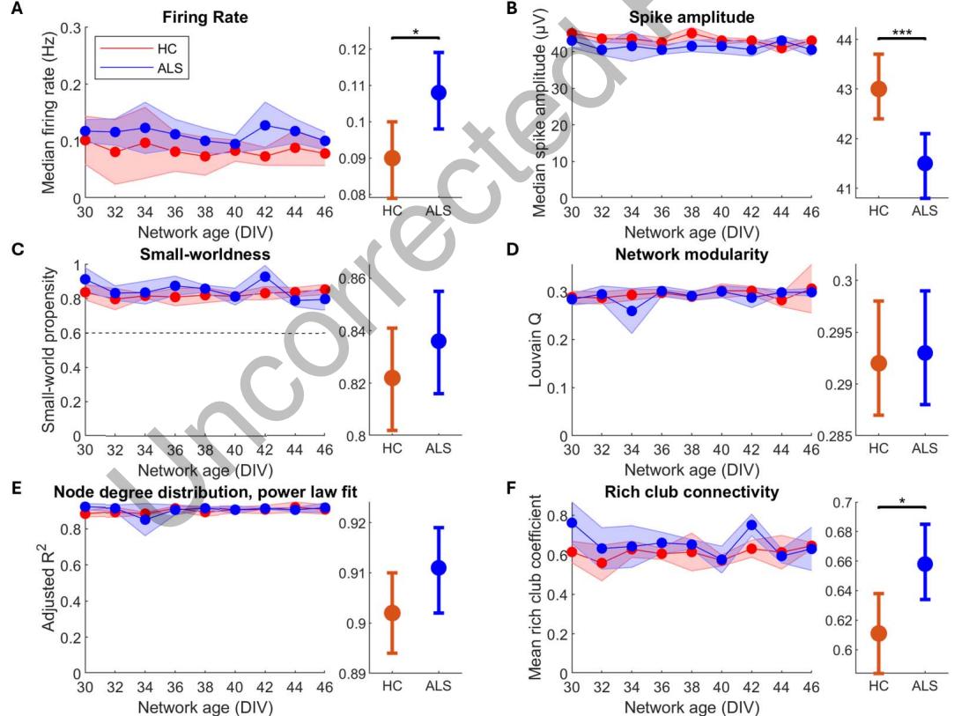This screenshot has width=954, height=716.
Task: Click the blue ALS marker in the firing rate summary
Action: (439, 92)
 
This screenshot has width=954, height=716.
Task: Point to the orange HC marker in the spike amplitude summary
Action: (878, 89)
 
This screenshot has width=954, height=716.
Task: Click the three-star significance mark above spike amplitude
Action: (902, 32)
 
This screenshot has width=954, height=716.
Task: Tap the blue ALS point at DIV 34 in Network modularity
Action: (632, 311)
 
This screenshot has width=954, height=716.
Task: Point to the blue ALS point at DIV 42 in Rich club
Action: (727, 525)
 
